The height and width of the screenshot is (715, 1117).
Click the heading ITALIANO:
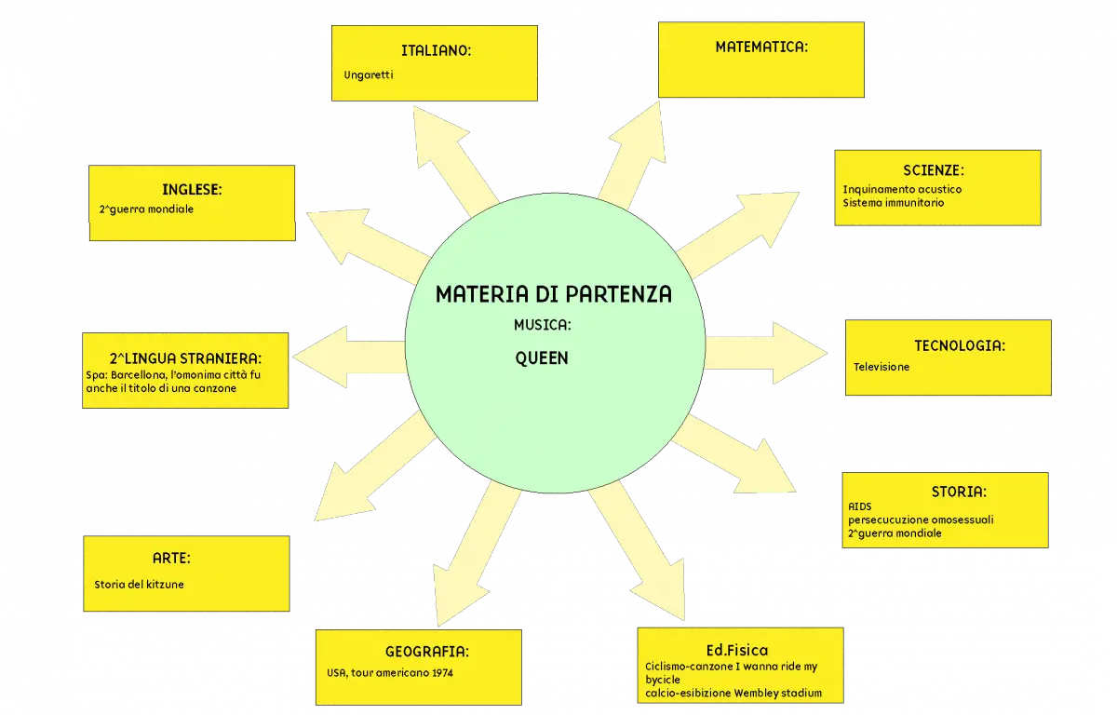click(x=436, y=50)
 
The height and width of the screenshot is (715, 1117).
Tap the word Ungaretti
click(x=369, y=75)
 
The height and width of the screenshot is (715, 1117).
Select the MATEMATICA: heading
click(x=761, y=47)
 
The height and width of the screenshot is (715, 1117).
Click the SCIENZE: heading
click(x=934, y=170)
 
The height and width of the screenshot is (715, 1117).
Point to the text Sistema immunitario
click(x=893, y=203)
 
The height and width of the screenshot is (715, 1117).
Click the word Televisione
click(x=881, y=367)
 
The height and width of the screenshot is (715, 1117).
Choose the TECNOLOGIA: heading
click(x=960, y=345)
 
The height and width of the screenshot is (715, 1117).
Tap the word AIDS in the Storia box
click(x=860, y=506)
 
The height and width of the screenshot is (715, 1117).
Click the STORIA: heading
click(x=959, y=492)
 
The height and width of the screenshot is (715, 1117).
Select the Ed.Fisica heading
click(x=737, y=650)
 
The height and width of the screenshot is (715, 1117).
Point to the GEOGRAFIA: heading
click(x=427, y=652)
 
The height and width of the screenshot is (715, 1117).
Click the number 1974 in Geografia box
click(x=442, y=673)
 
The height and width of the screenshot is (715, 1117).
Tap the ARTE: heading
click(x=171, y=558)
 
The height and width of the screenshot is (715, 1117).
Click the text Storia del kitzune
click(x=139, y=585)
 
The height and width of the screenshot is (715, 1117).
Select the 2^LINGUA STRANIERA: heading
click(x=185, y=358)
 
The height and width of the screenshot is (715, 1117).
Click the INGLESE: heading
click(x=192, y=190)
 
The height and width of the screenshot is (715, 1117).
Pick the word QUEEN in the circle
click(x=542, y=358)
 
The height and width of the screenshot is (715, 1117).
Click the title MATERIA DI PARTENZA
click(x=554, y=294)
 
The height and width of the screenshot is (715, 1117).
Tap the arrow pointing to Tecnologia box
click(x=766, y=353)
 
